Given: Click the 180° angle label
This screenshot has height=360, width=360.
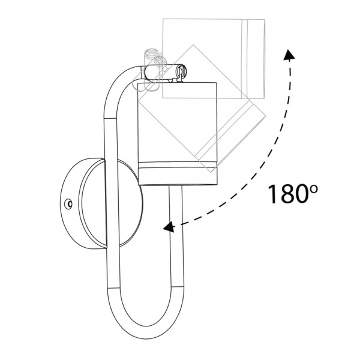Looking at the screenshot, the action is tap(293, 194).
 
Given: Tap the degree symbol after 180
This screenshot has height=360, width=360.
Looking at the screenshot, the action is tap(314, 190).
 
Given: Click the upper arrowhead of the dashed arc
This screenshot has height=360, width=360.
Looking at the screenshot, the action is tap(289, 55).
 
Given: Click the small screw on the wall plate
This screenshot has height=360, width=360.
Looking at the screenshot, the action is tap(68, 204).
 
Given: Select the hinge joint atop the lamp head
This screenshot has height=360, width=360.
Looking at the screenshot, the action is tap(166, 73).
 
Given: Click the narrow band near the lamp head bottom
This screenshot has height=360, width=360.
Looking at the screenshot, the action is tap(178, 164).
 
